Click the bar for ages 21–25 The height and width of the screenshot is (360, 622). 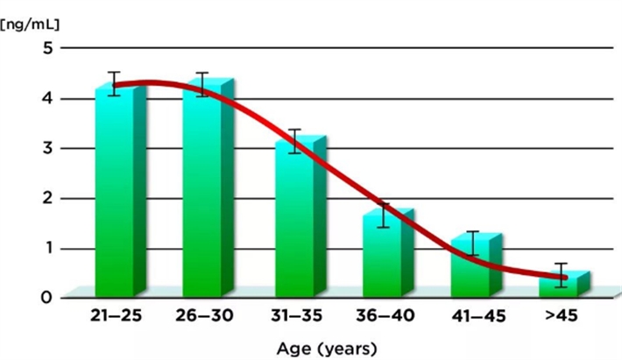click(x=114, y=193)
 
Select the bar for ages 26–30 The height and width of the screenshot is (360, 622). click(x=201, y=193)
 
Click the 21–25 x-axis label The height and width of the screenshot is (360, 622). click(x=117, y=316)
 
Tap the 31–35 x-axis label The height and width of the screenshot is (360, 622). click(x=294, y=316)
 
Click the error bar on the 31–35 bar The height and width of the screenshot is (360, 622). click(x=295, y=142)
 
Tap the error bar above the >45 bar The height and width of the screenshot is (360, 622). click(x=560, y=274)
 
